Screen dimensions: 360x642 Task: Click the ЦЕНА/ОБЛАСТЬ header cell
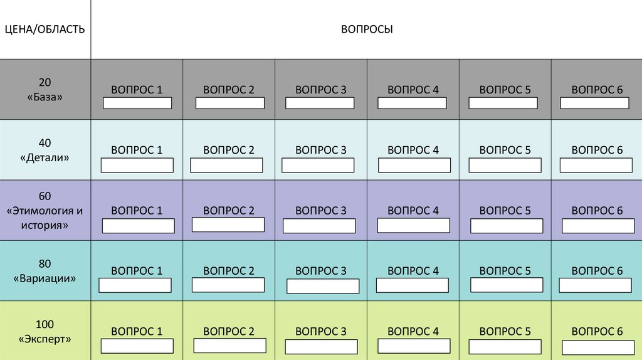coord(45,29)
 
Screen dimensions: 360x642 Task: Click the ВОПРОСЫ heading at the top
coord(367,29)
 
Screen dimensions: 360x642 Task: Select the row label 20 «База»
coord(45,90)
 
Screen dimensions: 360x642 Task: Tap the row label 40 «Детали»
coord(45,151)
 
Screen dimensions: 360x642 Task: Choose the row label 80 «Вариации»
coord(45,271)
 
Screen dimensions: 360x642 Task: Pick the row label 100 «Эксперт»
coord(45,331)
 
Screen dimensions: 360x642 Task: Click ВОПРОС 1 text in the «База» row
coord(137,90)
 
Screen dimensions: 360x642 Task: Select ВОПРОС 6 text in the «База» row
coord(597,90)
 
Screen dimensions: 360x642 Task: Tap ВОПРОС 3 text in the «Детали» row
coord(320,150)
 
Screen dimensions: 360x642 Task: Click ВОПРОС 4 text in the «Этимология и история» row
coord(413,211)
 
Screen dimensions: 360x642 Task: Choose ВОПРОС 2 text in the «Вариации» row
coord(229,271)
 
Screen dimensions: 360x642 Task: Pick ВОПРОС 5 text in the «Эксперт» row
coord(505,331)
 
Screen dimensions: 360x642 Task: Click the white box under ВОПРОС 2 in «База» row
coord(229,103)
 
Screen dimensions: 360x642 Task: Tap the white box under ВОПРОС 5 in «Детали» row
coord(506,165)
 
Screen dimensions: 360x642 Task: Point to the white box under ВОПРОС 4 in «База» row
coord(413,103)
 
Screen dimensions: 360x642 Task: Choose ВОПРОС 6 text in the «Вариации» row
coord(597,271)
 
